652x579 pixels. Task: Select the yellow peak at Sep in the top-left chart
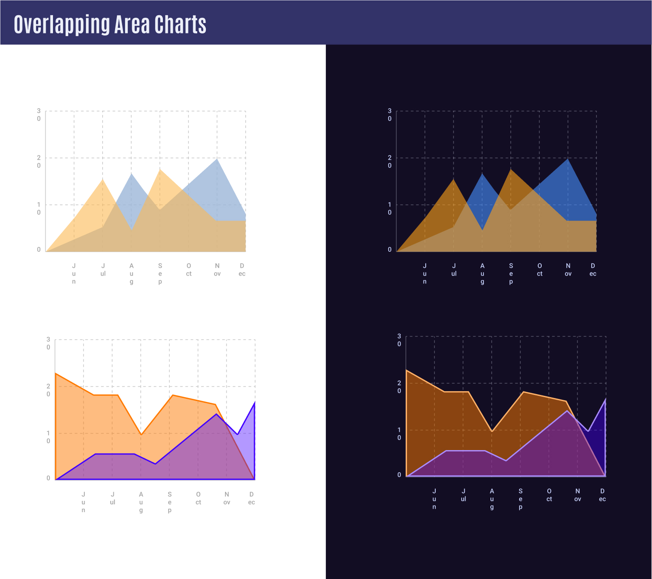pyautogui.click(x=160, y=170)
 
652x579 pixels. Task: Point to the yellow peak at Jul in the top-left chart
pyautogui.click(x=103, y=179)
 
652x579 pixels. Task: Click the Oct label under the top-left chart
pyautogui.click(x=189, y=270)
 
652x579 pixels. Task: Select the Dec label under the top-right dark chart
pyautogui.click(x=593, y=270)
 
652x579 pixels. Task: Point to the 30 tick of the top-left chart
pyautogui.click(x=39, y=115)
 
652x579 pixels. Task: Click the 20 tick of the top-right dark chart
pyautogui.click(x=390, y=161)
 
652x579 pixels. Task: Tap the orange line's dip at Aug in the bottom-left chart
pyautogui.click(x=141, y=434)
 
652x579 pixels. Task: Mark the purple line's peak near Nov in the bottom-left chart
pyautogui.click(x=216, y=414)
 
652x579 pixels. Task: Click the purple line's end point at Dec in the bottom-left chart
pyautogui.click(x=255, y=402)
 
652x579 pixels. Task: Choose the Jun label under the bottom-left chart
pyautogui.click(x=83, y=502)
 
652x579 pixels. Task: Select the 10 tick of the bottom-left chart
pyautogui.click(x=48, y=437)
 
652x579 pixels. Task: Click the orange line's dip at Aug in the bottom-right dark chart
pyautogui.click(x=492, y=431)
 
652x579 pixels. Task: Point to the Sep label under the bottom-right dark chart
pyautogui.click(x=520, y=499)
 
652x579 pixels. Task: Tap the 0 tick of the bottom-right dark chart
pyautogui.click(x=399, y=475)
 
